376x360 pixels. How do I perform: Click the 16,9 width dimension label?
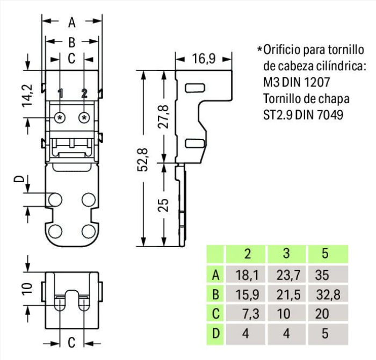[x=204, y=58]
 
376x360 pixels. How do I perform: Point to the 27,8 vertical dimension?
[x=164, y=117]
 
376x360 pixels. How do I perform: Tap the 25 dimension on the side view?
[x=164, y=205]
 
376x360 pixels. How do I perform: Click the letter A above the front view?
[x=72, y=23]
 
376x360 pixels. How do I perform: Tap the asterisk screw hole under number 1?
[x=61, y=117]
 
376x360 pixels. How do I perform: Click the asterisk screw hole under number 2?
[x=84, y=117]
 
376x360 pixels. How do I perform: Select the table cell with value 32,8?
[x=327, y=295]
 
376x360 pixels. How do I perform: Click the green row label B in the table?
[x=215, y=295]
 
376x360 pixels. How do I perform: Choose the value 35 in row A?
[x=327, y=276]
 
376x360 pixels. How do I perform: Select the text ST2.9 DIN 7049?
[x=303, y=115]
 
